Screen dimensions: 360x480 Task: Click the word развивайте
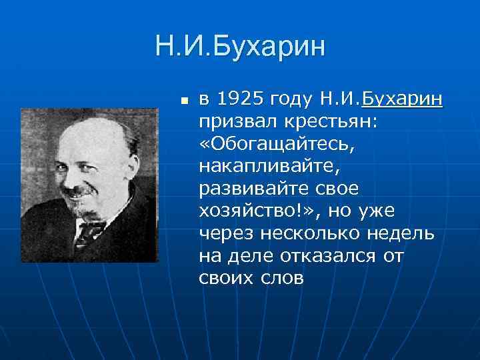[x=247, y=189]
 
